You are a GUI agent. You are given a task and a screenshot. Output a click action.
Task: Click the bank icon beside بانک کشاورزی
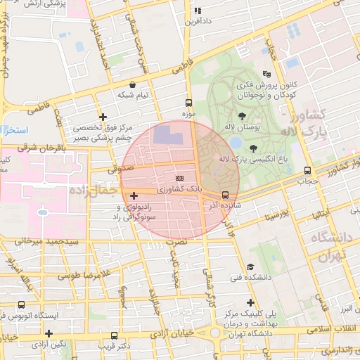point(179,179)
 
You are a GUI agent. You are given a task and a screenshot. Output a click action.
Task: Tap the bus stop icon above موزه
point(188,102)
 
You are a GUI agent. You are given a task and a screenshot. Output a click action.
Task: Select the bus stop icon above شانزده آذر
point(225,195)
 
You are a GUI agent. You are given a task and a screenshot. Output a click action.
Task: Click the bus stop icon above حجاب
point(307,170)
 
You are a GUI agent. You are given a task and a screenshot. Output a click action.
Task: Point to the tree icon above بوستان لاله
point(243,115)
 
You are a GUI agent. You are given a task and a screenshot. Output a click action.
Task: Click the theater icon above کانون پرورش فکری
point(266,74)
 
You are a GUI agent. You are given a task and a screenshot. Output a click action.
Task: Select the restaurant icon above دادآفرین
point(198,11)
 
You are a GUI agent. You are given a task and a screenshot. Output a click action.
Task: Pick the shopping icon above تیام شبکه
point(133,84)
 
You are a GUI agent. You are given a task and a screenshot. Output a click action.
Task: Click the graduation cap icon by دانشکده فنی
point(250,266)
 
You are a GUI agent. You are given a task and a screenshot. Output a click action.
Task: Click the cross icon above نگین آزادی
point(49,333)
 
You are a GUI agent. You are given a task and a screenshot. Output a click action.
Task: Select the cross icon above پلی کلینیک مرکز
point(250,302)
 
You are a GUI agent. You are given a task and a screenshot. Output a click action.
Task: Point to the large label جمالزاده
point(92,189)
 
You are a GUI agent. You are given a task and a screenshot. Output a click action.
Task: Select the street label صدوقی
point(120,169)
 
